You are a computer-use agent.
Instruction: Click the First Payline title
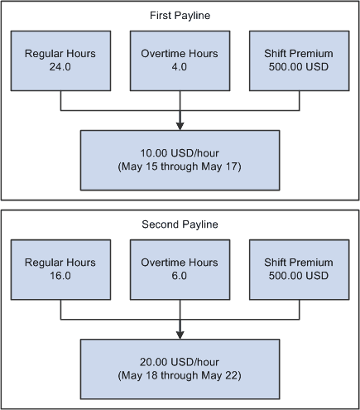[180, 16]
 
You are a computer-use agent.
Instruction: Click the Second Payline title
[180, 223]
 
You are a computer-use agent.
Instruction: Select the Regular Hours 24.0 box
[61, 61]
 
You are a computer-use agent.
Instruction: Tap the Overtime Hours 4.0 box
[180, 61]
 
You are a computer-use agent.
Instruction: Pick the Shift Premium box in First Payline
[298, 61]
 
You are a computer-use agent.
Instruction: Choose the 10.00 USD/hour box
[180, 159]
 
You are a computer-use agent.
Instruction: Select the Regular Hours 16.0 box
[61, 269]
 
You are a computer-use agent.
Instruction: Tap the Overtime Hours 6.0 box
[180, 269]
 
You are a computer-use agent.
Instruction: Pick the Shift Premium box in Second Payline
[298, 269]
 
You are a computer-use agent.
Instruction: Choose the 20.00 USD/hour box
[180, 367]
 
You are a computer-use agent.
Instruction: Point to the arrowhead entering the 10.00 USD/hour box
[180, 124]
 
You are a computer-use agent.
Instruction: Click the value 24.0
[61, 69]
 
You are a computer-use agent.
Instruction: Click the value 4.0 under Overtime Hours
[180, 69]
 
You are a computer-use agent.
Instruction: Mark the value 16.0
[61, 277]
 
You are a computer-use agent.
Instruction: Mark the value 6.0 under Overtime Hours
[180, 277]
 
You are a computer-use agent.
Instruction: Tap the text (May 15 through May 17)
[180, 166]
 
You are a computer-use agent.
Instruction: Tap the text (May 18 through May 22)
[180, 374]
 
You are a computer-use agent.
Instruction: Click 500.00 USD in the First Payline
[298, 69]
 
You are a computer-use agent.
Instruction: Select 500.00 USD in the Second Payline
[298, 277]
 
